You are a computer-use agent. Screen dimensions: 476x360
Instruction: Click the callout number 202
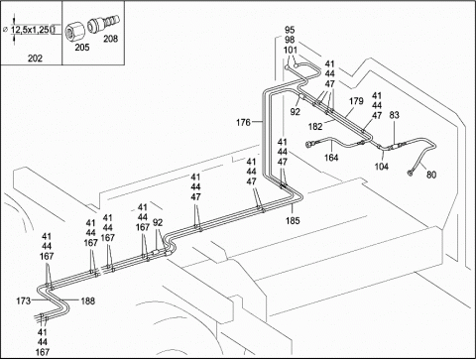coord(35,59)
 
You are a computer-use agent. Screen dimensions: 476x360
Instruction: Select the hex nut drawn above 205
coord(74,32)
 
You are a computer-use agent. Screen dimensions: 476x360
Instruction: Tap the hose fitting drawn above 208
coord(103,24)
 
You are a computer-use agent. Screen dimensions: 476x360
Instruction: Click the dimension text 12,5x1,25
coord(31,30)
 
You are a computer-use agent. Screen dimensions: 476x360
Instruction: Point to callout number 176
coord(243,123)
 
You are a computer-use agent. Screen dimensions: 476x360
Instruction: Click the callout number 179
coord(356,101)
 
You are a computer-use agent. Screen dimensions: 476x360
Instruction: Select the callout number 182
coord(315,126)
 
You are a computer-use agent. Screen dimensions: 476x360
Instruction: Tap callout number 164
coord(331,158)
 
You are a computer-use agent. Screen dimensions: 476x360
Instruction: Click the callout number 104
coord(381,167)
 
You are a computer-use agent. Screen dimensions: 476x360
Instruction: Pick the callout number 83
coord(394,115)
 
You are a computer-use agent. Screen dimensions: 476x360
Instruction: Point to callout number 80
coord(431,175)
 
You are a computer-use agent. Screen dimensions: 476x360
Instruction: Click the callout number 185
coord(293,220)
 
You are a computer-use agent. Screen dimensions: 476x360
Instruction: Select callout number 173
coord(24,300)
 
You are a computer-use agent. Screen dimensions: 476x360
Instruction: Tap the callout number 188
coord(87,300)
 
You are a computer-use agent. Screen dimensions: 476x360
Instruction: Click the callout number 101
coord(291,51)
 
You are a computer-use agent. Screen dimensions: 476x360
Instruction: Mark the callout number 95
coord(290,30)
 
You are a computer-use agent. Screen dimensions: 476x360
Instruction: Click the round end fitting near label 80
coord(411,173)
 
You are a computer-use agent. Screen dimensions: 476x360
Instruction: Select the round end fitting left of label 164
coord(309,144)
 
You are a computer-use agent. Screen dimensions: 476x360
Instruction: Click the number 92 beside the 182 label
coord(295,112)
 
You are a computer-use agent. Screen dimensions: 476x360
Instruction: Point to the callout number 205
coord(82,48)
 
